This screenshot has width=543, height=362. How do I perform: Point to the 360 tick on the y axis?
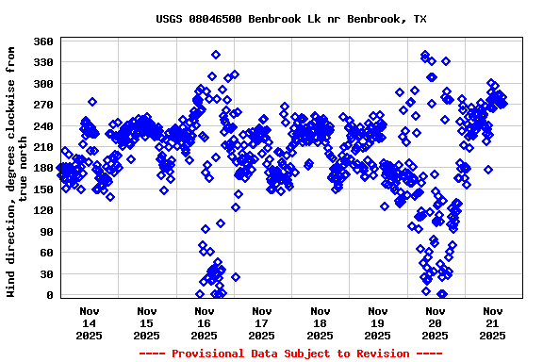(43, 41)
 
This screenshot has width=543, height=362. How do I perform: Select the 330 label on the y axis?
(43, 62)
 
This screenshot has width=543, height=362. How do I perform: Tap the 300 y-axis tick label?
(43, 84)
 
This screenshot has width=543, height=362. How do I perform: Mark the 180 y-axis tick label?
(43, 168)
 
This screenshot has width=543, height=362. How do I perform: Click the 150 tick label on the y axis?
(43, 189)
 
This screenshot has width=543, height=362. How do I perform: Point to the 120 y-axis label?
(43, 210)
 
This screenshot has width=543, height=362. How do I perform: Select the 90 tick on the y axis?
(47, 232)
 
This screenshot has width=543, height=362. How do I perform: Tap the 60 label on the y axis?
(47, 253)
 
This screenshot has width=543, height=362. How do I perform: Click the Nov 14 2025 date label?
(89, 322)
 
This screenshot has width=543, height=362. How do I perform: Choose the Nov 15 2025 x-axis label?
(146, 322)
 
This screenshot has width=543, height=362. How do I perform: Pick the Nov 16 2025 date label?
(204, 322)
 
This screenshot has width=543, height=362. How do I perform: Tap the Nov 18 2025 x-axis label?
(320, 322)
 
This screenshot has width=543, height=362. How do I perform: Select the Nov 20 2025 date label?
(435, 322)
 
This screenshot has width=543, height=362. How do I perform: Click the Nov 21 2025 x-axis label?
(492, 322)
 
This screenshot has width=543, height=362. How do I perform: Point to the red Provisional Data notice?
(290, 354)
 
